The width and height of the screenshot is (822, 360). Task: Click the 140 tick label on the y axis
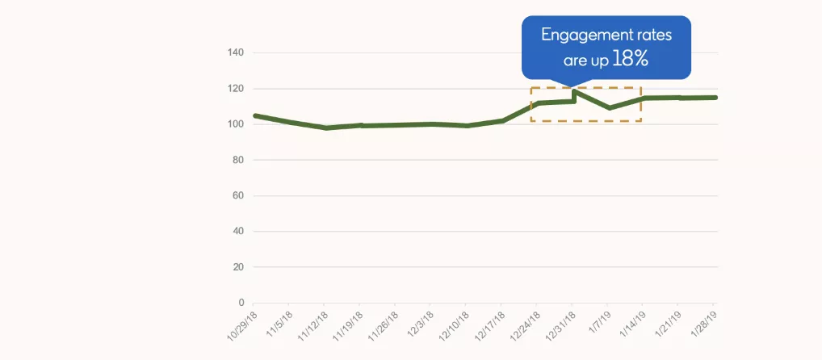[236, 53]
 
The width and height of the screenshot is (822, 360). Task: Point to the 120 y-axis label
[236, 89]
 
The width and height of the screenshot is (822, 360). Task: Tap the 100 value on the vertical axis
[236, 124]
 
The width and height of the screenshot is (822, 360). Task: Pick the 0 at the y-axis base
[241, 303]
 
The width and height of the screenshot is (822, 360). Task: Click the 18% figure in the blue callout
[631, 59]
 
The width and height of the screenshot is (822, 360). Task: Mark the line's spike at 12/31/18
[574, 92]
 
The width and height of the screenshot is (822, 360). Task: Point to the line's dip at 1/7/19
[609, 107]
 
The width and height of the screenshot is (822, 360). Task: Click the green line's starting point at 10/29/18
[255, 115]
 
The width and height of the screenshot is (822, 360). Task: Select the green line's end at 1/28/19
[715, 98]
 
